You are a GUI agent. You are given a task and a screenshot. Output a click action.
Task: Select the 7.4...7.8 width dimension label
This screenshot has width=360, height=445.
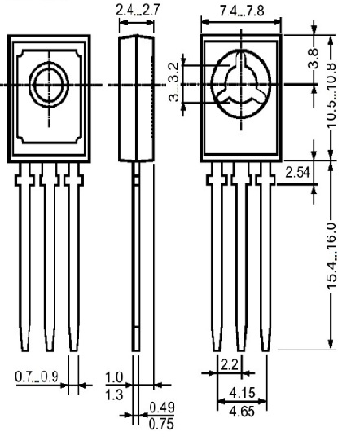pyautogui.click(x=241, y=11)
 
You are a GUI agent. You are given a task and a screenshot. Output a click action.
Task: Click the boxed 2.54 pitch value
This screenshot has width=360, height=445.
pyautogui.click(x=296, y=174)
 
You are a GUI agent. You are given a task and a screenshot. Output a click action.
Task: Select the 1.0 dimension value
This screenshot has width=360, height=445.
pyautogui.click(x=113, y=378)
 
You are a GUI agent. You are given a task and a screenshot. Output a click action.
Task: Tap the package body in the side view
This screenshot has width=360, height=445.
pyautogui.click(x=135, y=98)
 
